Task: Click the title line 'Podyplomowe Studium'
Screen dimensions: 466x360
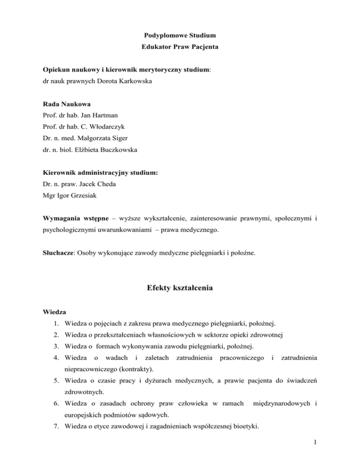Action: coord(180,36)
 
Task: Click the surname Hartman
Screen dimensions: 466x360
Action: coord(114,116)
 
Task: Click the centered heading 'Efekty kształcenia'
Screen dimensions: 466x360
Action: coord(180,290)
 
